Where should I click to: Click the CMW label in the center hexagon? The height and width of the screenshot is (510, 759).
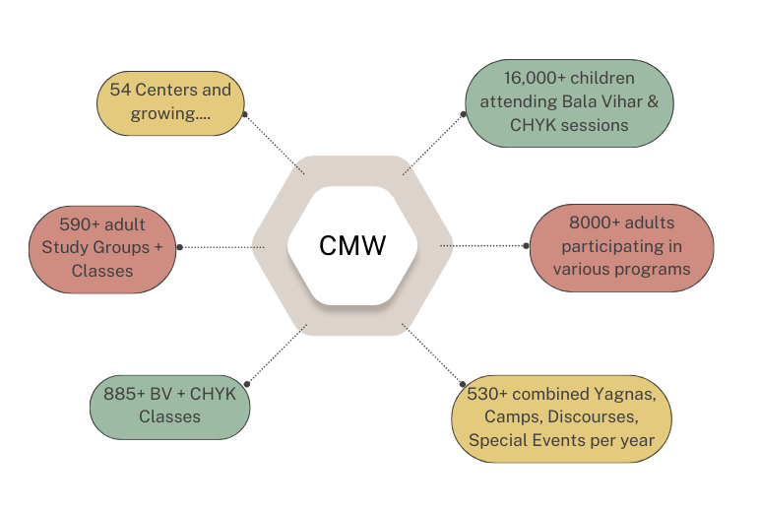351,246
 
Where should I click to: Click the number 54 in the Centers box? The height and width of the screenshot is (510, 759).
120,91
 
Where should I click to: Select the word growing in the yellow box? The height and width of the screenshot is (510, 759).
161,113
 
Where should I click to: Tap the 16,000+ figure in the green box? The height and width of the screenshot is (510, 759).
532,78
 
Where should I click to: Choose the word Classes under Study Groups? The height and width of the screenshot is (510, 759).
102,270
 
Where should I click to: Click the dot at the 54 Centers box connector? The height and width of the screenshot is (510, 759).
243,113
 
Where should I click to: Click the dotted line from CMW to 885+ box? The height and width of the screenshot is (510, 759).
276,353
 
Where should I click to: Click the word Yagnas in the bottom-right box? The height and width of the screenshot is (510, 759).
624,394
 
